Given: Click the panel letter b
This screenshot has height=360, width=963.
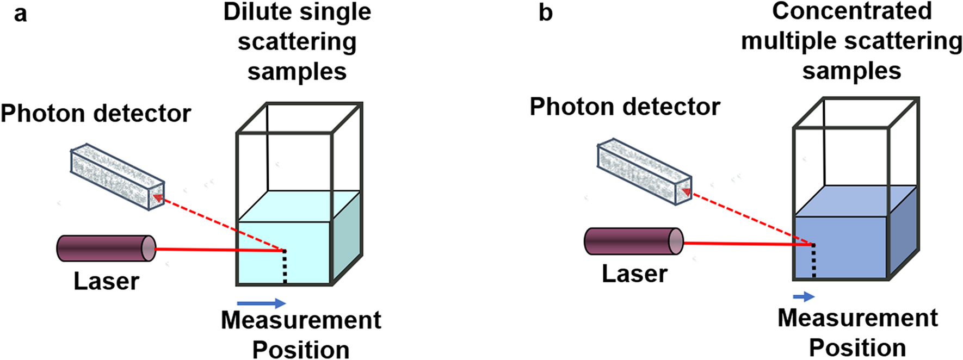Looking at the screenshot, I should (545, 13).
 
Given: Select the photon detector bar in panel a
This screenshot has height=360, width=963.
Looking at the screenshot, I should (117, 177).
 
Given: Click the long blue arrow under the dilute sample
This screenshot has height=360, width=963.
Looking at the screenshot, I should (261, 303).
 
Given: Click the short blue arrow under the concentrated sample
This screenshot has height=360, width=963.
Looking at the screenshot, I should (804, 296).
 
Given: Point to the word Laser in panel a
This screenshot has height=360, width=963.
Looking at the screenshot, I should (107, 282).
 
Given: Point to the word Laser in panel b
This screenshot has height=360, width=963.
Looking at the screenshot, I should (634, 274).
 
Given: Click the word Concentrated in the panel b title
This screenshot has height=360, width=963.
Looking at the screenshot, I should (851, 11).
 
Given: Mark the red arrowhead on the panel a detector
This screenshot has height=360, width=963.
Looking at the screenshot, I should (158, 197).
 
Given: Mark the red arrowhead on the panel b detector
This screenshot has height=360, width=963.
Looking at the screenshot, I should (687, 192).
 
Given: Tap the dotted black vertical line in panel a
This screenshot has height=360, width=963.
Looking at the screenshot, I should (285, 267).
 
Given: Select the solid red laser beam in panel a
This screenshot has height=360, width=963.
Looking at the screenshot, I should (218, 250).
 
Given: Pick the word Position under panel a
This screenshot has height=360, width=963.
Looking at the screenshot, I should (301, 349).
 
